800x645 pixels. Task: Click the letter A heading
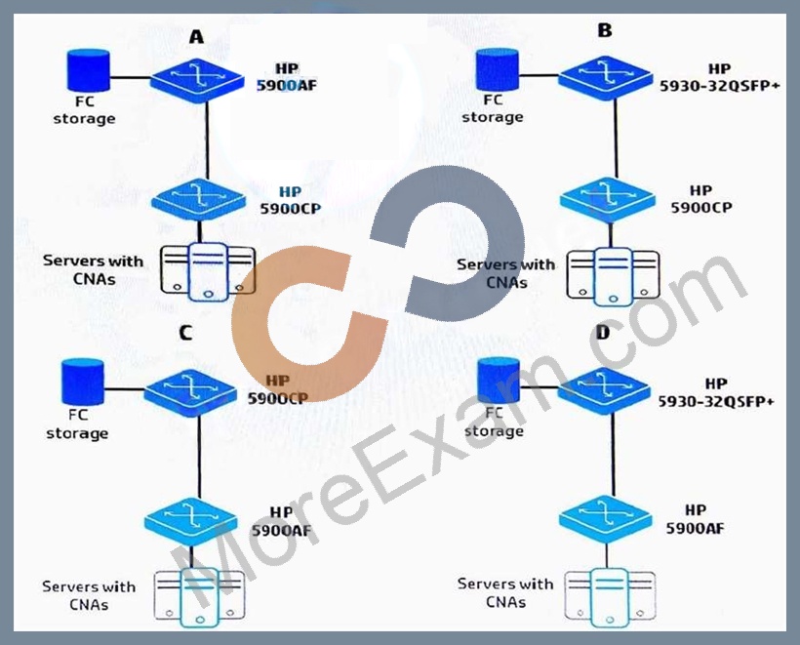[196, 37]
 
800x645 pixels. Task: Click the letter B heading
[605, 30]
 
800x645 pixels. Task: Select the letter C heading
[185, 333]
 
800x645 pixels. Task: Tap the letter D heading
[603, 333]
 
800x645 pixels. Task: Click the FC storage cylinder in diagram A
[89, 70]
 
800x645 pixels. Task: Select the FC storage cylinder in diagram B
[497, 70]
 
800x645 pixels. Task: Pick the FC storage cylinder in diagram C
[83, 382]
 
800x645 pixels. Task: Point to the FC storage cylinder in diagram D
[499, 381]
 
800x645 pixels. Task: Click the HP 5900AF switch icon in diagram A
[197, 80]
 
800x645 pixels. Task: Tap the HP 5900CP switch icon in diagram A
[199, 200]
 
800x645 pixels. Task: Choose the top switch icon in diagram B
[606, 77]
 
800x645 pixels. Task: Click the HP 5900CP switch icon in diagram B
[607, 199]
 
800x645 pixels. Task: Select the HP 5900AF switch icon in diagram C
[191, 521]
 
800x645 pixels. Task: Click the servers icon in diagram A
[208, 272]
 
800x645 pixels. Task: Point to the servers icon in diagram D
[610, 597]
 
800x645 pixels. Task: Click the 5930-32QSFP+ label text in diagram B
[720, 86]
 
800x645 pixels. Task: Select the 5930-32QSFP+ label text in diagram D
[716, 402]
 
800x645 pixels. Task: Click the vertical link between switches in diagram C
[198, 458]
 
